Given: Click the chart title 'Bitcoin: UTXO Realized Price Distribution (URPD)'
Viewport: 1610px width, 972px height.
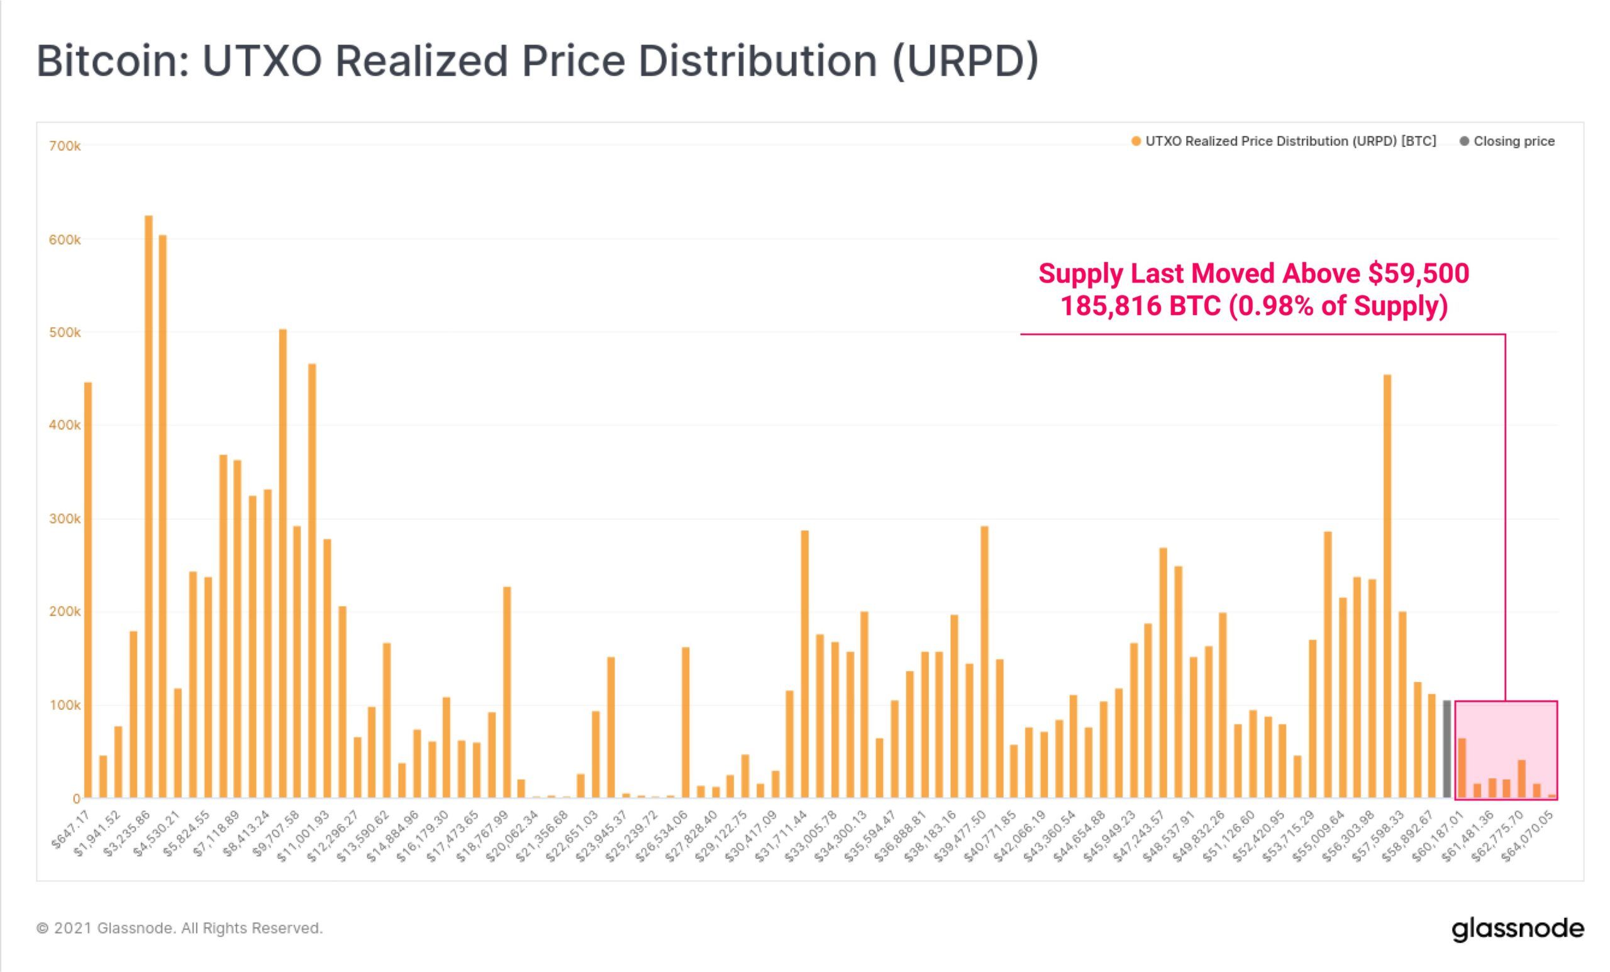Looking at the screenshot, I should click(x=537, y=61).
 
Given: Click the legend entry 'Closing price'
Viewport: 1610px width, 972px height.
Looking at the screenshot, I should click(x=1513, y=141).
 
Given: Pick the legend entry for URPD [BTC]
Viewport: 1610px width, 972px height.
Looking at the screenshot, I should click(x=1290, y=141).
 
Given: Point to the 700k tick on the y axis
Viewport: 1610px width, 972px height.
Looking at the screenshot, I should click(x=65, y=146).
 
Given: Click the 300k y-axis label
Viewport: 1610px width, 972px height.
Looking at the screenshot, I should click(x=65, y=519).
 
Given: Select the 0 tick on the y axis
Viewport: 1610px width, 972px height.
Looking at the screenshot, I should click(x=77, y=798).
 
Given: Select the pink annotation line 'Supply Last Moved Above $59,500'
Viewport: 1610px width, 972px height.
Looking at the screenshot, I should click(x=1253, y=273).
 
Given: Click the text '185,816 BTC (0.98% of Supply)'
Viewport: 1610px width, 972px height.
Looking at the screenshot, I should click(x=1253, y=306).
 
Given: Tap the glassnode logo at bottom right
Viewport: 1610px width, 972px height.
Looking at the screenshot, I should click(x=1517, y=928).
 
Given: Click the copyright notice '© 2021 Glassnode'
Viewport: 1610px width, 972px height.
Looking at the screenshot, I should click(x=180, y=928).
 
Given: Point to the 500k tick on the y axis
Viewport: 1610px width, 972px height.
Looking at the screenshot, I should click(x=65, y=333).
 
